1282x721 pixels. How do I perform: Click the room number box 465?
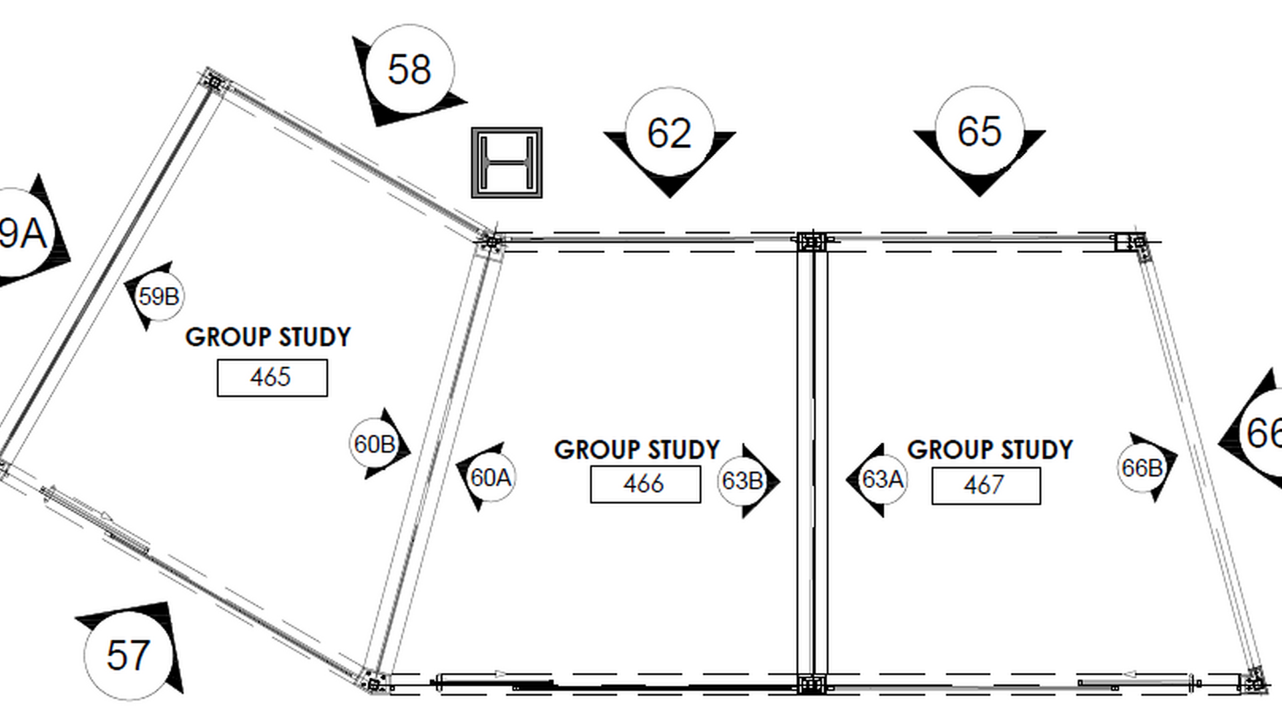coord(272,378)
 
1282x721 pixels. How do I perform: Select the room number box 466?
coord(646,484)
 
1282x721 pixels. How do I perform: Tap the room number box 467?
coord(986,485)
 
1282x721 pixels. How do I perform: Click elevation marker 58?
coord(409,72)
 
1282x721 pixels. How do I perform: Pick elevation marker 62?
coord(670,137)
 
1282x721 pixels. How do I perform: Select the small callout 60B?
coord(378,443)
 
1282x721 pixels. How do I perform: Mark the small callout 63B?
coord(746,481)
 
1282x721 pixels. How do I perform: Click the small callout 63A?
coord(877,479)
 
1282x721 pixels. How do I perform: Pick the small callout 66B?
coord(1146,467)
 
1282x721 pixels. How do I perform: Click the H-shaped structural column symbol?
coord(507,163)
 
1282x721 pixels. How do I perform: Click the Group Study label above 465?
coord(268,337)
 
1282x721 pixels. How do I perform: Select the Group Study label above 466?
coord(637,449)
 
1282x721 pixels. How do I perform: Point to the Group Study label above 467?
coord(990,449)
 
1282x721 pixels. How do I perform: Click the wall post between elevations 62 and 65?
coord(811,241)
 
